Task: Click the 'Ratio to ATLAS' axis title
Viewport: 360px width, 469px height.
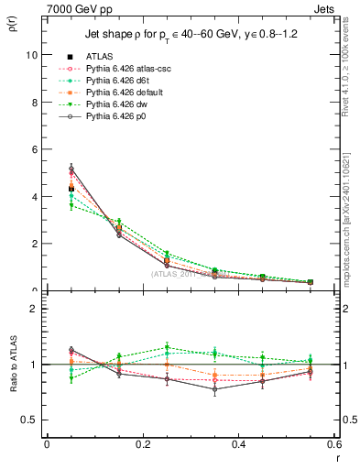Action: pos(12,365)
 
